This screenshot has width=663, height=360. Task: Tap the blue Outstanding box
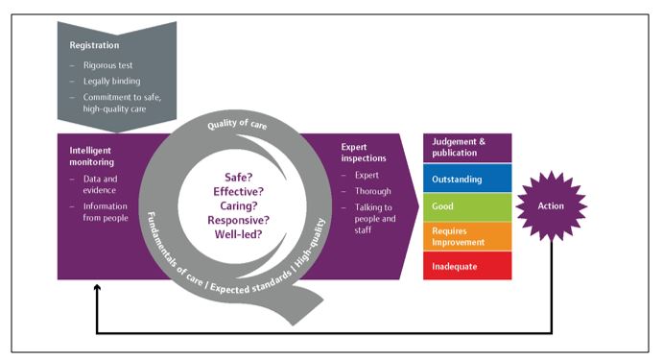pos(467,178)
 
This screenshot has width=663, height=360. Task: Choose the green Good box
pos(467,206)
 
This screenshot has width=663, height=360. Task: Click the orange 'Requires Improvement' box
pos(467,236)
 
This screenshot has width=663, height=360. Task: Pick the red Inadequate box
pos(467,266)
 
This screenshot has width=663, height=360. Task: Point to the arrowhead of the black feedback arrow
pos(96,287)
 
